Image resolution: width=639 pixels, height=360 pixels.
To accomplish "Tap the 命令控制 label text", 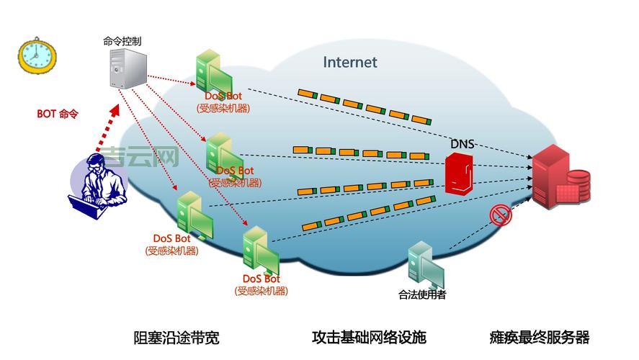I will coord(122,41).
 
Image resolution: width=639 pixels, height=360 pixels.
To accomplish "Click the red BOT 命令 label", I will coord(57,114).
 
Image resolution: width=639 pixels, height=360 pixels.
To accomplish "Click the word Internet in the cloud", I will coord(349,62).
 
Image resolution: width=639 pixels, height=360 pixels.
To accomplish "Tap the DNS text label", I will coord(462,144).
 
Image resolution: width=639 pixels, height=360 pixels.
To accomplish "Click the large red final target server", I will coord(559,178).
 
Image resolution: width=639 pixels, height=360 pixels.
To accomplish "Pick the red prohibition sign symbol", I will coord(499,215).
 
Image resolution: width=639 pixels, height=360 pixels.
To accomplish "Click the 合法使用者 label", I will coord(421,294).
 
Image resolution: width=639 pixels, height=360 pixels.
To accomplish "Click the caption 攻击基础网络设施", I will coord(368,337).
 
